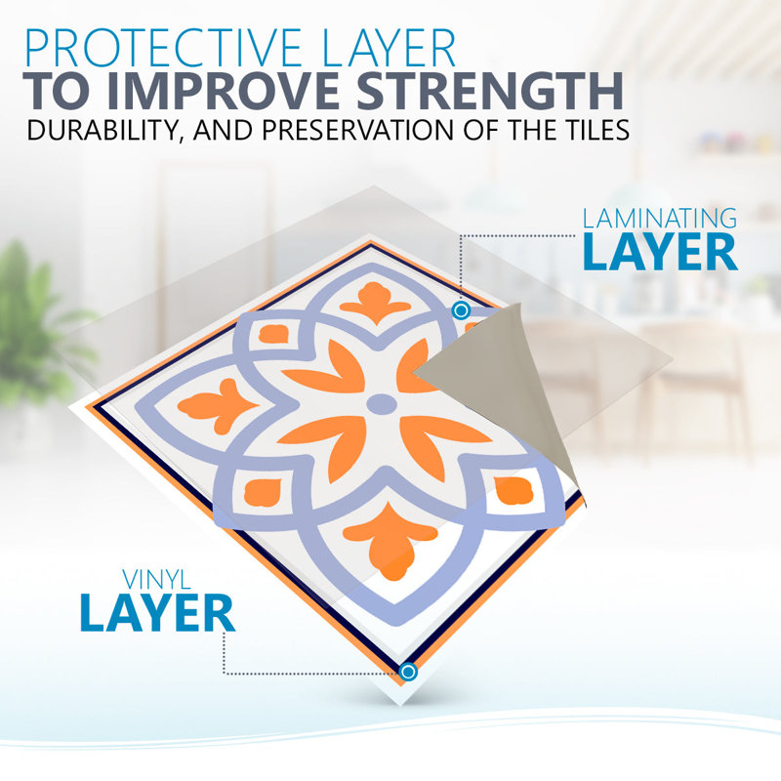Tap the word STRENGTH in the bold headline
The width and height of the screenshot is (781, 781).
tap(490, 91)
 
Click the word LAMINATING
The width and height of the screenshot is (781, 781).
tap(660, 219)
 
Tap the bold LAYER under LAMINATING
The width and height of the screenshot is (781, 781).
tap(660, 252)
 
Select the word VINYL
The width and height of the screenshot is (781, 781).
tap(156, 580)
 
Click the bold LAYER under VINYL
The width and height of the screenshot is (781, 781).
tap(157, 613)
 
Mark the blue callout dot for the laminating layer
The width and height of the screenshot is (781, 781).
tap(461, 310)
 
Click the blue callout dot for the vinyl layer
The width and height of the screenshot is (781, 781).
tap(408, 672)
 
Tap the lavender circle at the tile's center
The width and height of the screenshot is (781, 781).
tap(382, 404)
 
